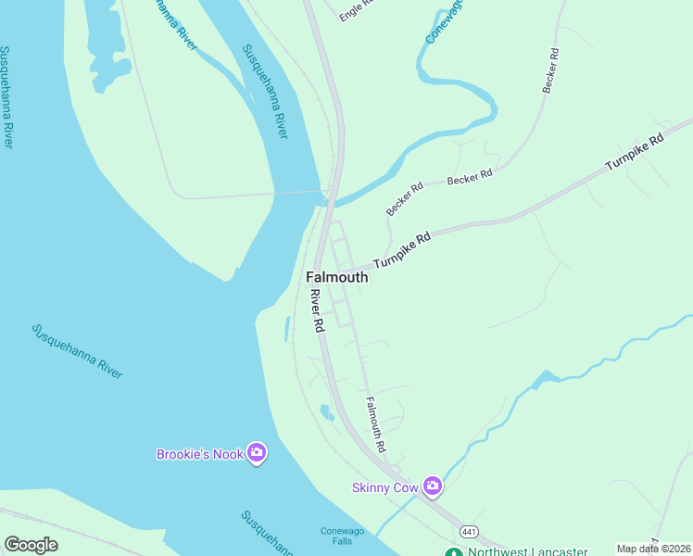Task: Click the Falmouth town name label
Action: point(336,277)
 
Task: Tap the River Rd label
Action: point(316,311)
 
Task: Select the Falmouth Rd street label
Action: point(375,424)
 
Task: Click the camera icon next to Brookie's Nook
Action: point(257,453)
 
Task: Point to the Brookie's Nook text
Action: point(199,454)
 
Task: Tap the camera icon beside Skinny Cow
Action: point(432,486)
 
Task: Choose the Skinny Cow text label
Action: point(385,487)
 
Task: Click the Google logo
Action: point(31,545)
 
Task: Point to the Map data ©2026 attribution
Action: point(654,549)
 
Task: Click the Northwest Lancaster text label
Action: point(527,552)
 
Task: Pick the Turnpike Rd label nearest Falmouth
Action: point(403,250)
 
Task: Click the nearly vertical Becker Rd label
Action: point(552,69)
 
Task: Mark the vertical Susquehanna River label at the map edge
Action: point(6,96)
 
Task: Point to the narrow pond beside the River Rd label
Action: point(286,329)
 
